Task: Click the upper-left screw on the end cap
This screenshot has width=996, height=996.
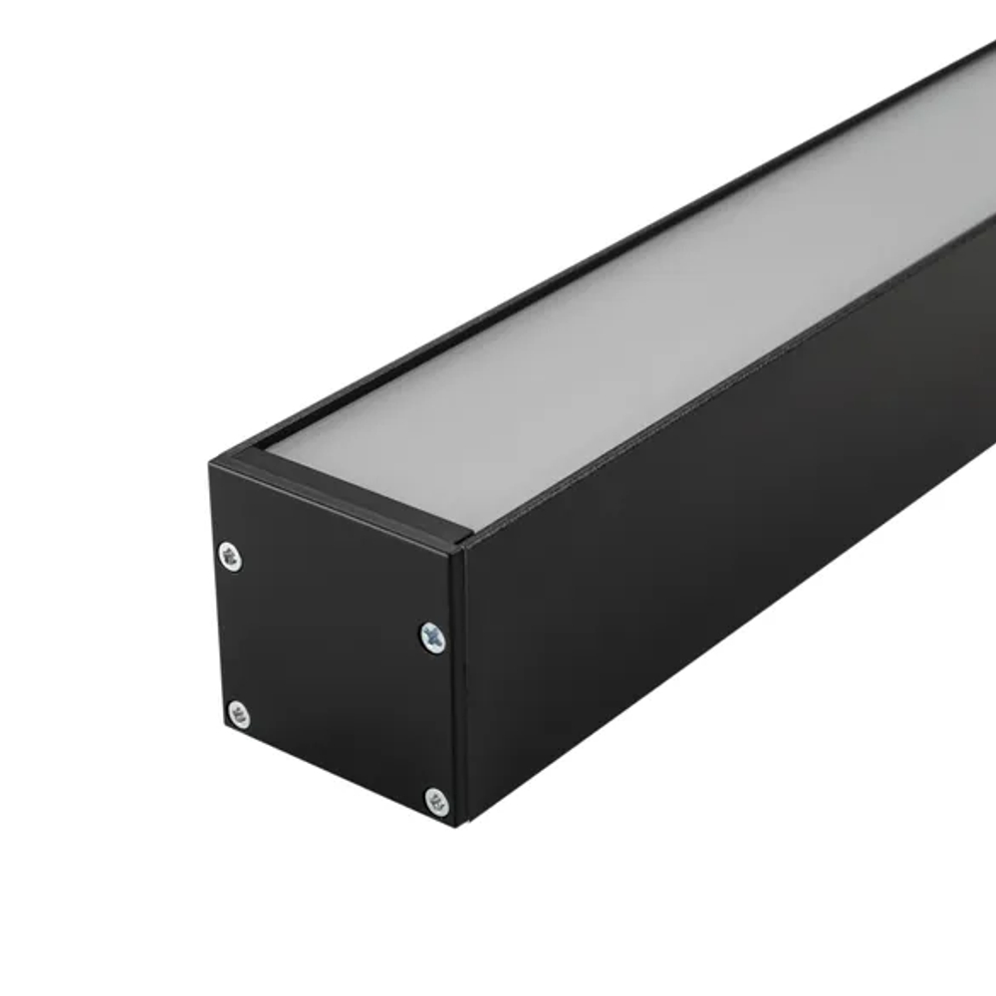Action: tap(230, 556)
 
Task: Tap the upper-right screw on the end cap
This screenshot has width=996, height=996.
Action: tap(432, 635)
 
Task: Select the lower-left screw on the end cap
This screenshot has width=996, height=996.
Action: tap(237, 713)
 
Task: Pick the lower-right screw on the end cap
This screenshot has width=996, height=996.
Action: tap(436, 799)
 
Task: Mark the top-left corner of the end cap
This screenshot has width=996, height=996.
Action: tap(211, 460)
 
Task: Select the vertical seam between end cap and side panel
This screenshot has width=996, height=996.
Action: tap(460, 687)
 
